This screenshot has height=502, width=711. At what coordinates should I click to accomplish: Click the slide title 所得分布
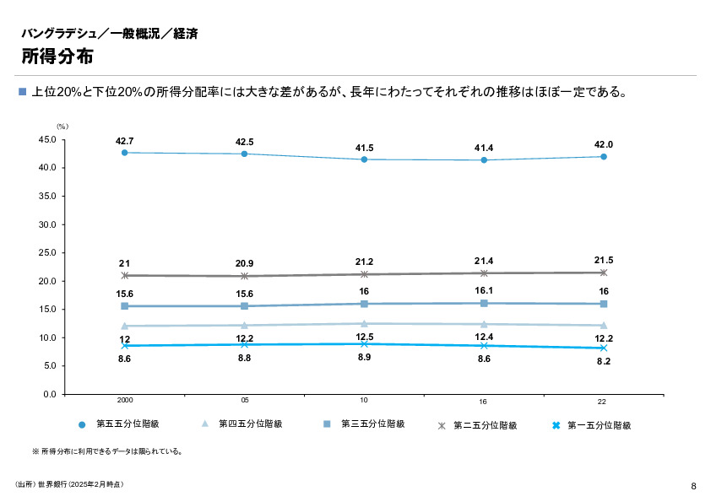click(x=57, y=57)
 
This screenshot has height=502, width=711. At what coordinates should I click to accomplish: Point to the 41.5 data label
click(x=364, y=148)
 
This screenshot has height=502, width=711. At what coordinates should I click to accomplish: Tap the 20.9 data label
click(x=245, y=264)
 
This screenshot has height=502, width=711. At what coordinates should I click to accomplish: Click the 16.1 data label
click(x=484, y=290)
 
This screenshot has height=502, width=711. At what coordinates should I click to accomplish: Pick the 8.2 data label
click(x=604, y=361)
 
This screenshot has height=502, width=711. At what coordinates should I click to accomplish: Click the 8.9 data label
click(x=364, y=358)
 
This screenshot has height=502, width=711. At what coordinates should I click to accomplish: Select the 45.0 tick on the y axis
click(x=47, y=139)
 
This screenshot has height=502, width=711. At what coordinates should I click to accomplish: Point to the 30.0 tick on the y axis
click(x=47, y=224)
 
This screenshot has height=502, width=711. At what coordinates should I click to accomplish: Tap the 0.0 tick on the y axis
click(x=50, y=394)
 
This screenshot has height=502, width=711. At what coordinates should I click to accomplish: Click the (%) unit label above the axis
click(x=62, y=126)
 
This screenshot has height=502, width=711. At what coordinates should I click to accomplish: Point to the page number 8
click(x=693, y=485)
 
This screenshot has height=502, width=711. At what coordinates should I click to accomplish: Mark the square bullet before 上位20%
click(x=23, y=91)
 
